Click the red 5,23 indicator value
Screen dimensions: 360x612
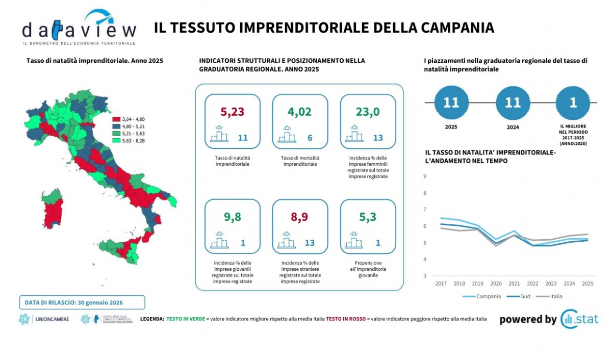coord(233,112)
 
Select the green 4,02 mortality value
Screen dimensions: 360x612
coord(299,112)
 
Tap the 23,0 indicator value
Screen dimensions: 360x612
coord(368,112)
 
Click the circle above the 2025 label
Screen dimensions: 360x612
coord(451,102)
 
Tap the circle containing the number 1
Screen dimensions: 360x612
coord(573,102)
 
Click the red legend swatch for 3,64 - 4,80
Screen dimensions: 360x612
coord(116,118)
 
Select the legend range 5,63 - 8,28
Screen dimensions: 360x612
coord(133,140)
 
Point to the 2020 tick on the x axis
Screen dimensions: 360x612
coord(496,284)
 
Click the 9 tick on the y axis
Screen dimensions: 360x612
coord(425,176)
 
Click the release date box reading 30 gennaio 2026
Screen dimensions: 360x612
coord(82,302)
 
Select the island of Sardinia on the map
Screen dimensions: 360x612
coord(55,210)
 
